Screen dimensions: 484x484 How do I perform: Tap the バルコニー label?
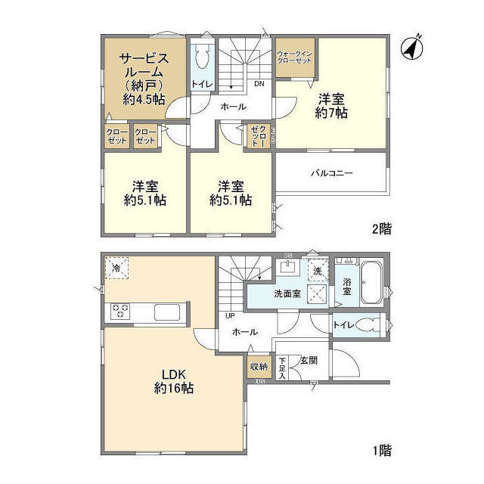coord(331,172)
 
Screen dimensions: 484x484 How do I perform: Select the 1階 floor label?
coord(381,451)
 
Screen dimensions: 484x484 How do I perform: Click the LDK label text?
coord(172,374)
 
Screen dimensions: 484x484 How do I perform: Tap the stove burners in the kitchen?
coord(122,311)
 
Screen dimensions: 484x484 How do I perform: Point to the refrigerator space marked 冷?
coord(117,268)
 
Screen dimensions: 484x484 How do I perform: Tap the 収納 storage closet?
coord(259,367)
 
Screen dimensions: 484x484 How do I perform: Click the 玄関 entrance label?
coord(309,360)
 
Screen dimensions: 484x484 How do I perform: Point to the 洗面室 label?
coord(288,293)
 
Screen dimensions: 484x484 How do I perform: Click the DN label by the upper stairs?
coord(258,84)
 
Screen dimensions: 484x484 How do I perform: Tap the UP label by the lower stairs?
coord(228,316)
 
